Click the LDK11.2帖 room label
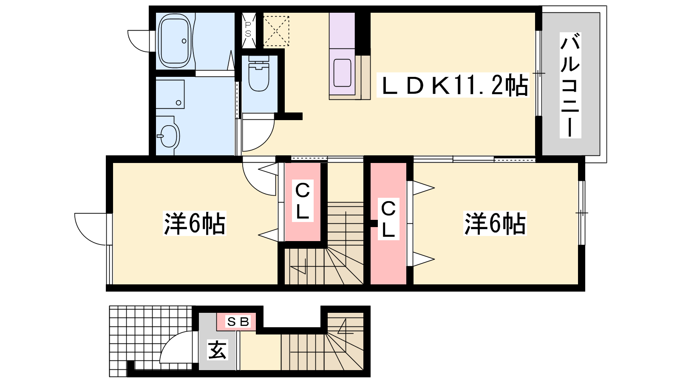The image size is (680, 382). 453,85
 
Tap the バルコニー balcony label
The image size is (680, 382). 570,85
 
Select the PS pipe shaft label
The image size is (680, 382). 248,29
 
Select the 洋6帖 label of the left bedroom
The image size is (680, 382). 195,223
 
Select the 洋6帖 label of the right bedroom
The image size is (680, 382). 495,223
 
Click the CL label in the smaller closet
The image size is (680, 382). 302,201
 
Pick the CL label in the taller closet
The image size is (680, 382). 388,219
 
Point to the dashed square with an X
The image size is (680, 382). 276,31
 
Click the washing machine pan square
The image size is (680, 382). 170,94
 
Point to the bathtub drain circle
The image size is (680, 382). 184,41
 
